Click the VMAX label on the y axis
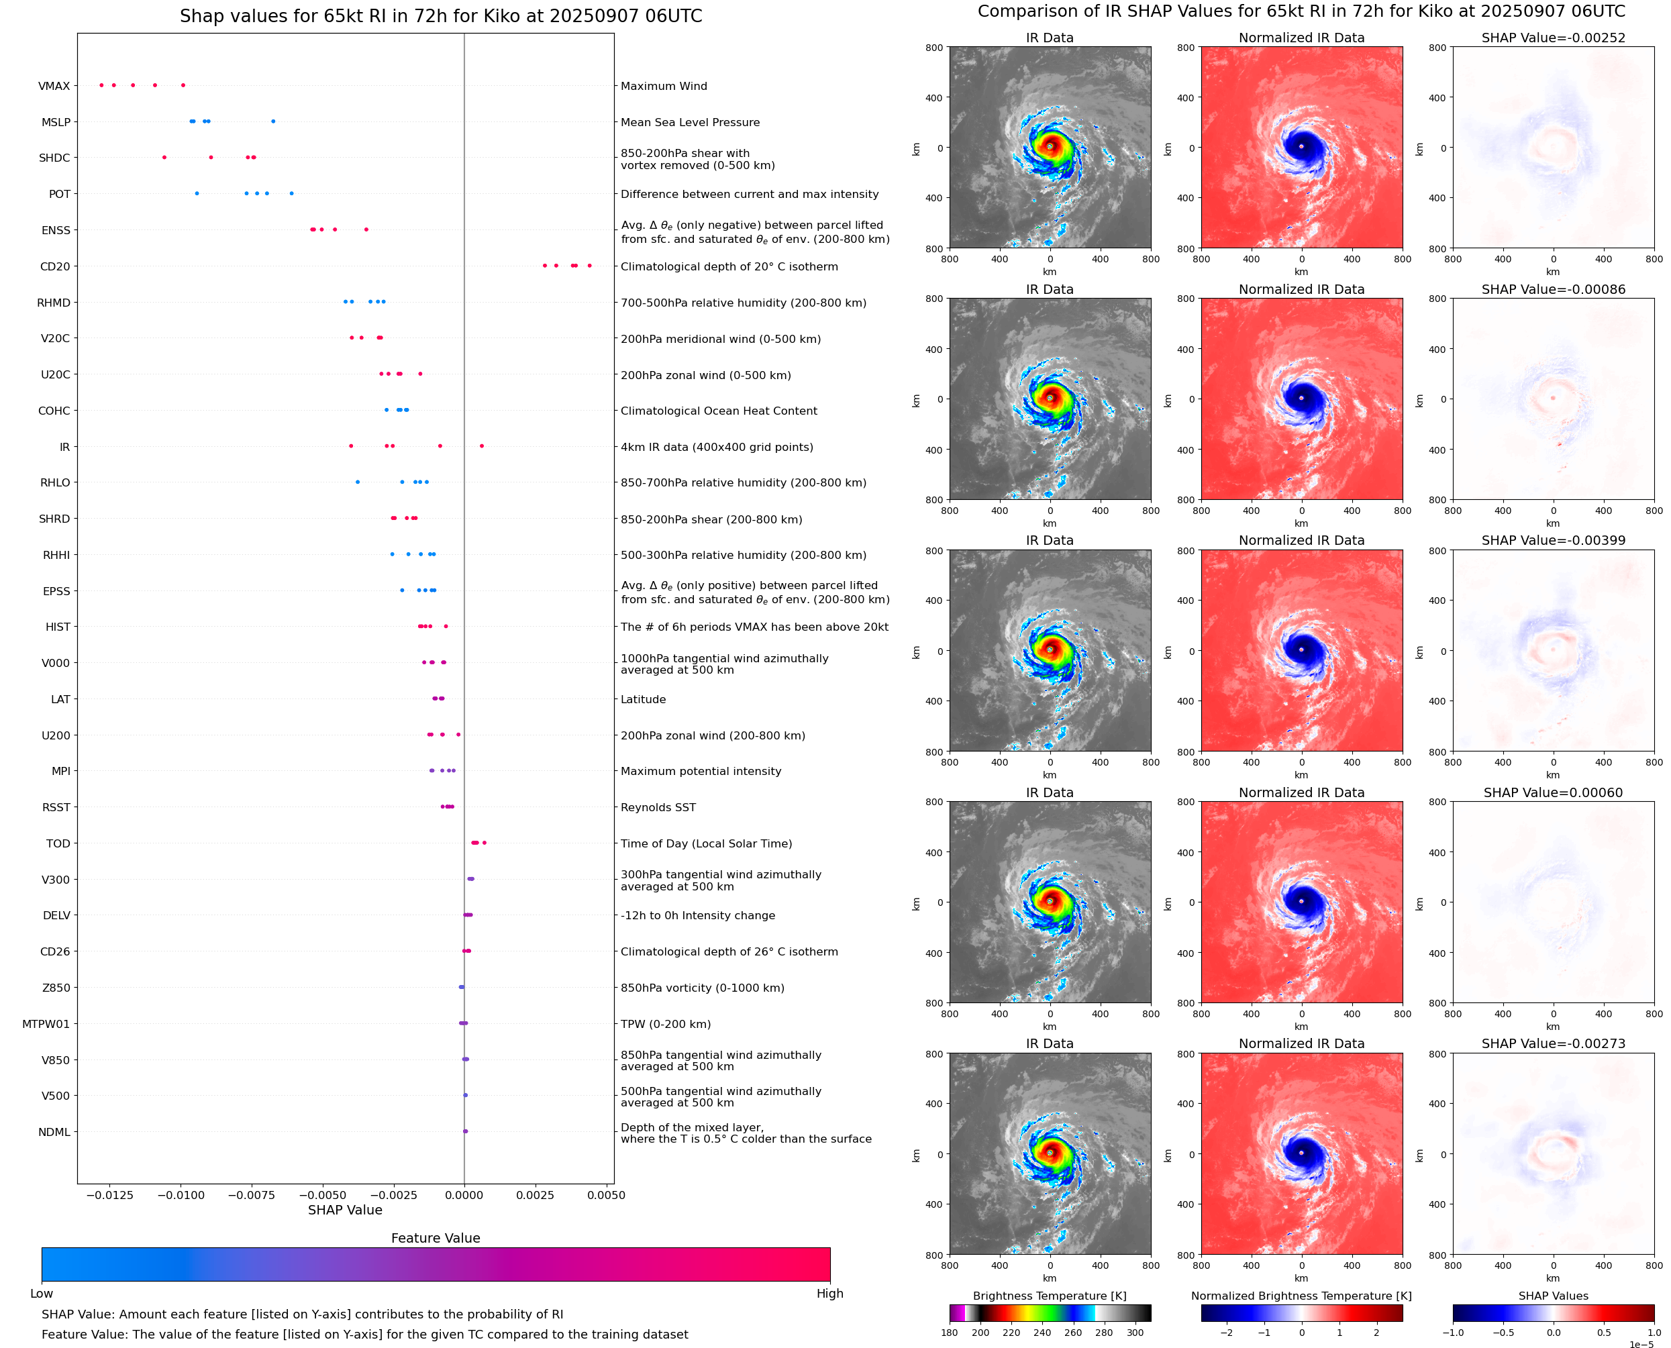pyautogui.click(x=54, y=86)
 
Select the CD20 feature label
pyautogui.click(x=54, y=266)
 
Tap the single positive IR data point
pyautogui.click(x=481, y=446)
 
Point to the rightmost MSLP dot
pyautogui.click(x=272, y=121)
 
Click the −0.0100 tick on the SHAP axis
pyautogui.click(x=182, y=1195)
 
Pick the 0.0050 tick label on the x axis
pyautogui.click(x=606, y=1195)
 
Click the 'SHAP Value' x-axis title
pyautogui.click(x=345, y=1210)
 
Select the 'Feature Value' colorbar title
pyautogui.click(x=435, y=1238)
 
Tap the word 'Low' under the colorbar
pyautogui.click(x=41, y=1293)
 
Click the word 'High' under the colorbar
pyautogui.click(x=829, y=1293)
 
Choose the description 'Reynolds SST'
pyautogui.click(x=658, y=808)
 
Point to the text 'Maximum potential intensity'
pyautogui.click(x=701, y=771)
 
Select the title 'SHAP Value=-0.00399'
pyautogui.click(x=1552, y=540)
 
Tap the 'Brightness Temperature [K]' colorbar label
pyautogui.click(x=1049, y=1296)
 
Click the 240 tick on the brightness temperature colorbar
pyautogui.click(x=1042, y=1333)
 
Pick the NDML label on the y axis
pyautogui.click(x=54, y=1132)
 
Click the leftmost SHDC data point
pyautogui.click(x=164, y=158)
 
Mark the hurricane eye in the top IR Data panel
pyautogui.click(x=1050, y=146)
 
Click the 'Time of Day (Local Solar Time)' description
pyautogui.click(x=706, y=843)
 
